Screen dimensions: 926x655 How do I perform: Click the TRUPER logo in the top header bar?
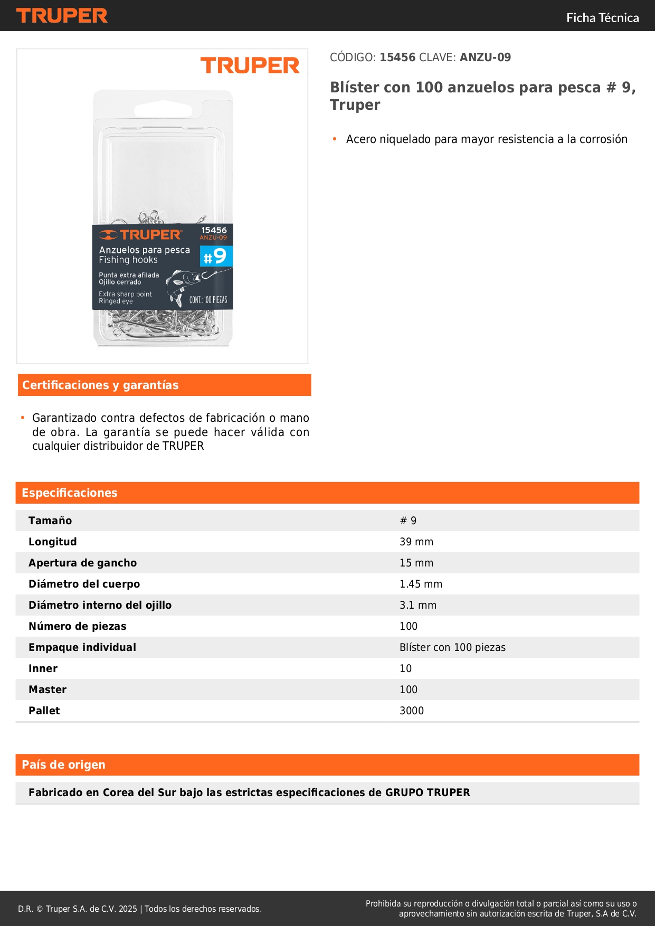[x=62, y=16]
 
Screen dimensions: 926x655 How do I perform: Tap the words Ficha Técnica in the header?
[x=602, y=18]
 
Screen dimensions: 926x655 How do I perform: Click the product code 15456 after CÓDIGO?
[x=397, y=58]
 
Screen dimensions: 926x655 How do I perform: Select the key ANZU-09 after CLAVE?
[x=485, y=58]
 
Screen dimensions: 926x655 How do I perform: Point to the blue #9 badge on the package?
[x=216, y=256]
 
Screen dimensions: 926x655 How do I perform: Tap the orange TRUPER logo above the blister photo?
[x=250, y=66]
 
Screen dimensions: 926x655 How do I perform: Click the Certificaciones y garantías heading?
[x=100, y=385]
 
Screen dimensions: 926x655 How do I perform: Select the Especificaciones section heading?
[x=70, y=493]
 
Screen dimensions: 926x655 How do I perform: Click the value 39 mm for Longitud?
[x=416, y=542]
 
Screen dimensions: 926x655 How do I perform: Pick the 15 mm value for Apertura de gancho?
[x=416, y=563]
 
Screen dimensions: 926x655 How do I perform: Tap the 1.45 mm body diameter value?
[x=421, y=584]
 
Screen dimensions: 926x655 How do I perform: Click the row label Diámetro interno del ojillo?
[x=100, y=605]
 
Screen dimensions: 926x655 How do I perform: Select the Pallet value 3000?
[x=411, y=711]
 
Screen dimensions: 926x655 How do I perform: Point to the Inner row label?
[x=43, y=668]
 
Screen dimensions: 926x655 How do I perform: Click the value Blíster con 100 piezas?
[x=452, y=647]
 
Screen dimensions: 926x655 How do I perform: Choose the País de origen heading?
[x=63, y=765]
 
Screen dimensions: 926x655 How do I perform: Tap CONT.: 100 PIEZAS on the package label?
[x=208, y=300]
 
